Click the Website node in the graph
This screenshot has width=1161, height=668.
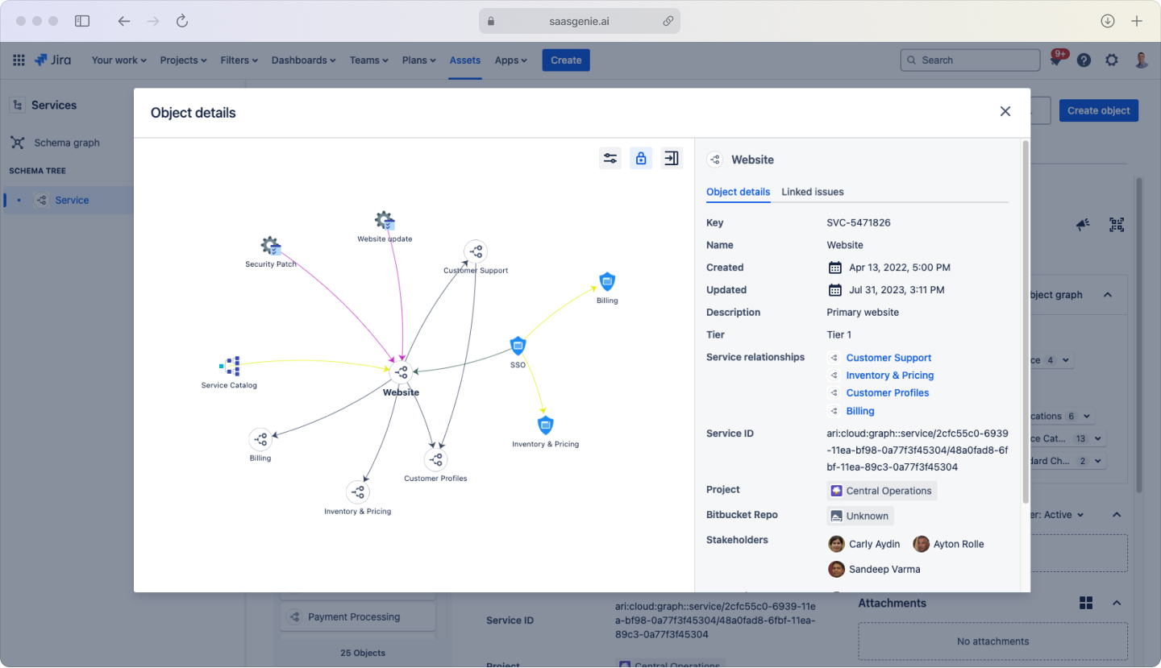401,372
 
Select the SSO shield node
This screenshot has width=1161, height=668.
518,346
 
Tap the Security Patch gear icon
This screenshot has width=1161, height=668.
270,246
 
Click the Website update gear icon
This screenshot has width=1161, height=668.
385,220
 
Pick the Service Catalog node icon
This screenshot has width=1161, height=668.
231,367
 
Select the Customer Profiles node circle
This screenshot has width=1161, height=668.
435,459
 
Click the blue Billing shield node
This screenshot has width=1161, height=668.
607,281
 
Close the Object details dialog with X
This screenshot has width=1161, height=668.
1005,112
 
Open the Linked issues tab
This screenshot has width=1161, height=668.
812,192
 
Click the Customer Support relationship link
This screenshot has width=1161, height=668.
888,358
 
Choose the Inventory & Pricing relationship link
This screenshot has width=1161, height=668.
889,375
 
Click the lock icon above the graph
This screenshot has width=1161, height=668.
641,158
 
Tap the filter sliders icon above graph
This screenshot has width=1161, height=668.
610,158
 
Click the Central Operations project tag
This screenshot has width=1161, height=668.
881,491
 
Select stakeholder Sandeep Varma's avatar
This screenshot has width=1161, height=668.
837,569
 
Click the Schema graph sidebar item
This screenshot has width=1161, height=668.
67,143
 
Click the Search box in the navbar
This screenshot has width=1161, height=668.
970,60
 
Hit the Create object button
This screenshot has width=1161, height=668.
1098,111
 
